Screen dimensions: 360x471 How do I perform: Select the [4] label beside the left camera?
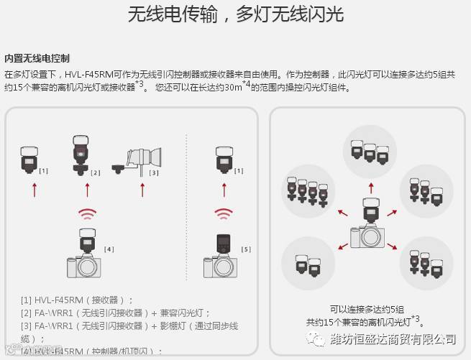(109, 249)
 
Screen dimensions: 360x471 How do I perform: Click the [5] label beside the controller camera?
(246, 249)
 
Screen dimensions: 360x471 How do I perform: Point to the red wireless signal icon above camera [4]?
(87, 214)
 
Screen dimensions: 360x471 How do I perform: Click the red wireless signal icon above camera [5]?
(224, 214)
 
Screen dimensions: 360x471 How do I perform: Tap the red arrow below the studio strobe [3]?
(141, 190)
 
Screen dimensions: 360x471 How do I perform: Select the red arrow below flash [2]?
(87, 190)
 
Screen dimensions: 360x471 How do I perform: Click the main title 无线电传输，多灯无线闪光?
(235, 14)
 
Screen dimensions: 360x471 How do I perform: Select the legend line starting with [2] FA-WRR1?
(116, 313)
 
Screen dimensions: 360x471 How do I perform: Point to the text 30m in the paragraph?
(232, 88)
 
